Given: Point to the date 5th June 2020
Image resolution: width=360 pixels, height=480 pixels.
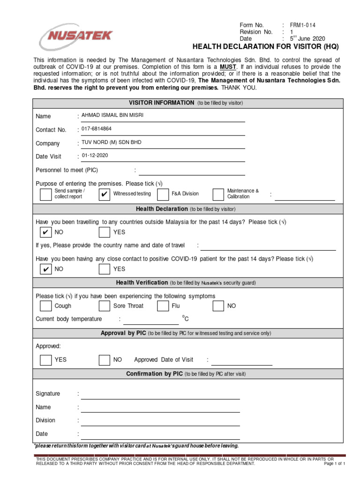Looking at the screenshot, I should point(307,38).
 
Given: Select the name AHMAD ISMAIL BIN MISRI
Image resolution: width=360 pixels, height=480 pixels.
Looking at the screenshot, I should point(112,115).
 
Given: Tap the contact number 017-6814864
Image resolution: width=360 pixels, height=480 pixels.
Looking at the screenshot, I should point(97,129).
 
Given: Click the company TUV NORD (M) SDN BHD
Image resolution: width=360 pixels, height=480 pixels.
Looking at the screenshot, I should point(111,142).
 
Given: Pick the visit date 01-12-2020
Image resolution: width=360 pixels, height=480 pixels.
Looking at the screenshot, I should point(95,156).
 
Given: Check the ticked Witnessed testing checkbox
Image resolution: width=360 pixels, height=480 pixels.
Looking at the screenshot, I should point(105,194).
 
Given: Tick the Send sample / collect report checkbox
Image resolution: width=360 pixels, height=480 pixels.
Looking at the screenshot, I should point(45,194).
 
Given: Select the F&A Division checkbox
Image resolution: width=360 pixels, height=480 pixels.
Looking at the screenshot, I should point(163,194).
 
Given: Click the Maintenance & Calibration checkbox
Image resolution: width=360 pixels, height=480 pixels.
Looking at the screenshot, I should point(218,194).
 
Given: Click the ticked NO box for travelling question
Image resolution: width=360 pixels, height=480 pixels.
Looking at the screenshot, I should point(45,232).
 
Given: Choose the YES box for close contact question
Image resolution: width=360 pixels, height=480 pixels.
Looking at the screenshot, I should point(105,269).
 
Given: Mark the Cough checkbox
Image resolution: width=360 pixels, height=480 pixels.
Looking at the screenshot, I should point(45,306).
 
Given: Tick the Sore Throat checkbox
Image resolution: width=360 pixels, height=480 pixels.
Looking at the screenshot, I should point(105,306).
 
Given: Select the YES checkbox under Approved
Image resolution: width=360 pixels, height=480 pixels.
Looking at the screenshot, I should point(45,360).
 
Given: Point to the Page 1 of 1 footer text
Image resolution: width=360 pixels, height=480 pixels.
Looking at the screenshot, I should point(335,464).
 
